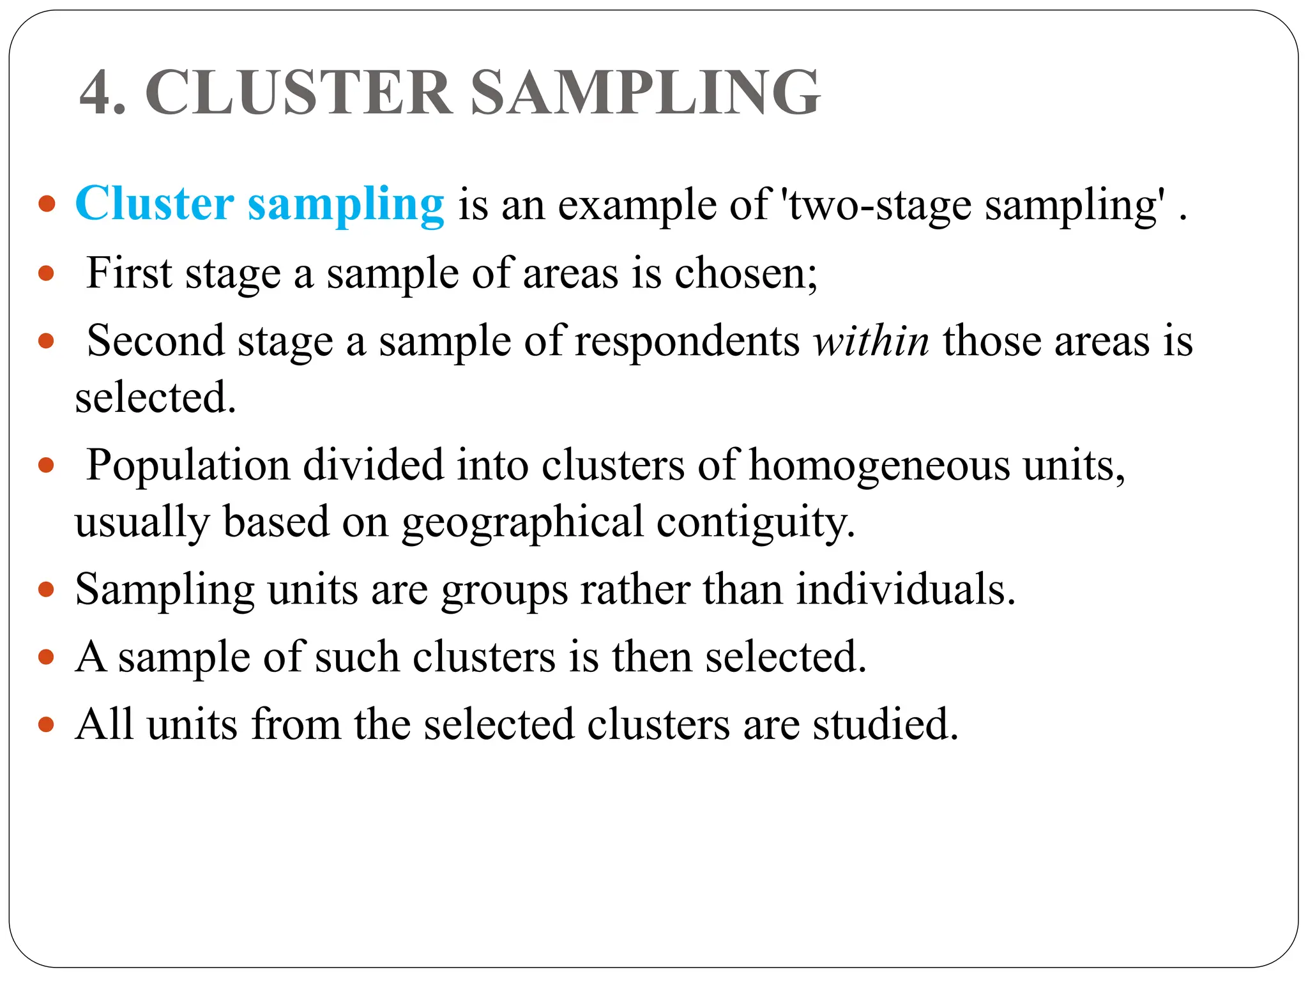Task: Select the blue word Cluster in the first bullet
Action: point(155,204)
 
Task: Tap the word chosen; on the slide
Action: point(745,273)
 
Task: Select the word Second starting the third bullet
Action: point(155,340)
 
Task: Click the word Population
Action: point(188,465)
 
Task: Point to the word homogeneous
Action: point(879,466)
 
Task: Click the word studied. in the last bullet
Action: point(885,724)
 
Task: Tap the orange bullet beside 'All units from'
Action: point(46,724)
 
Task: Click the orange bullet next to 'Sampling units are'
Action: point(46,589)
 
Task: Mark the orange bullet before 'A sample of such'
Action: point(46,657)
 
